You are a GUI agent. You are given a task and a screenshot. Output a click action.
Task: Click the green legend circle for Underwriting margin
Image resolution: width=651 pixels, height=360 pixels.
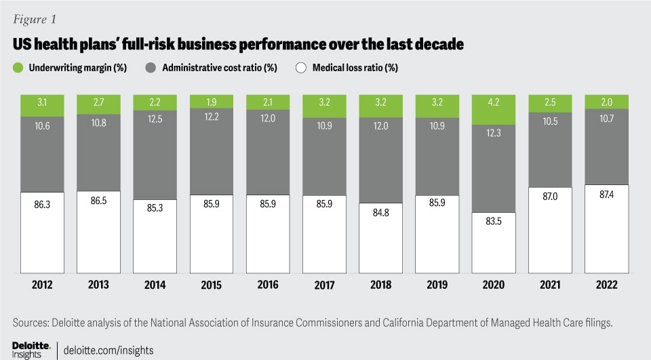pos(18,67)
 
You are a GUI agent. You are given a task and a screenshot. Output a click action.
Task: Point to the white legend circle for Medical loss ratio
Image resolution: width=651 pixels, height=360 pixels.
pos(300,67)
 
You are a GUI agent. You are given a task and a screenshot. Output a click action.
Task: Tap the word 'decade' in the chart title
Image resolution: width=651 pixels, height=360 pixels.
pos(441,45)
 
